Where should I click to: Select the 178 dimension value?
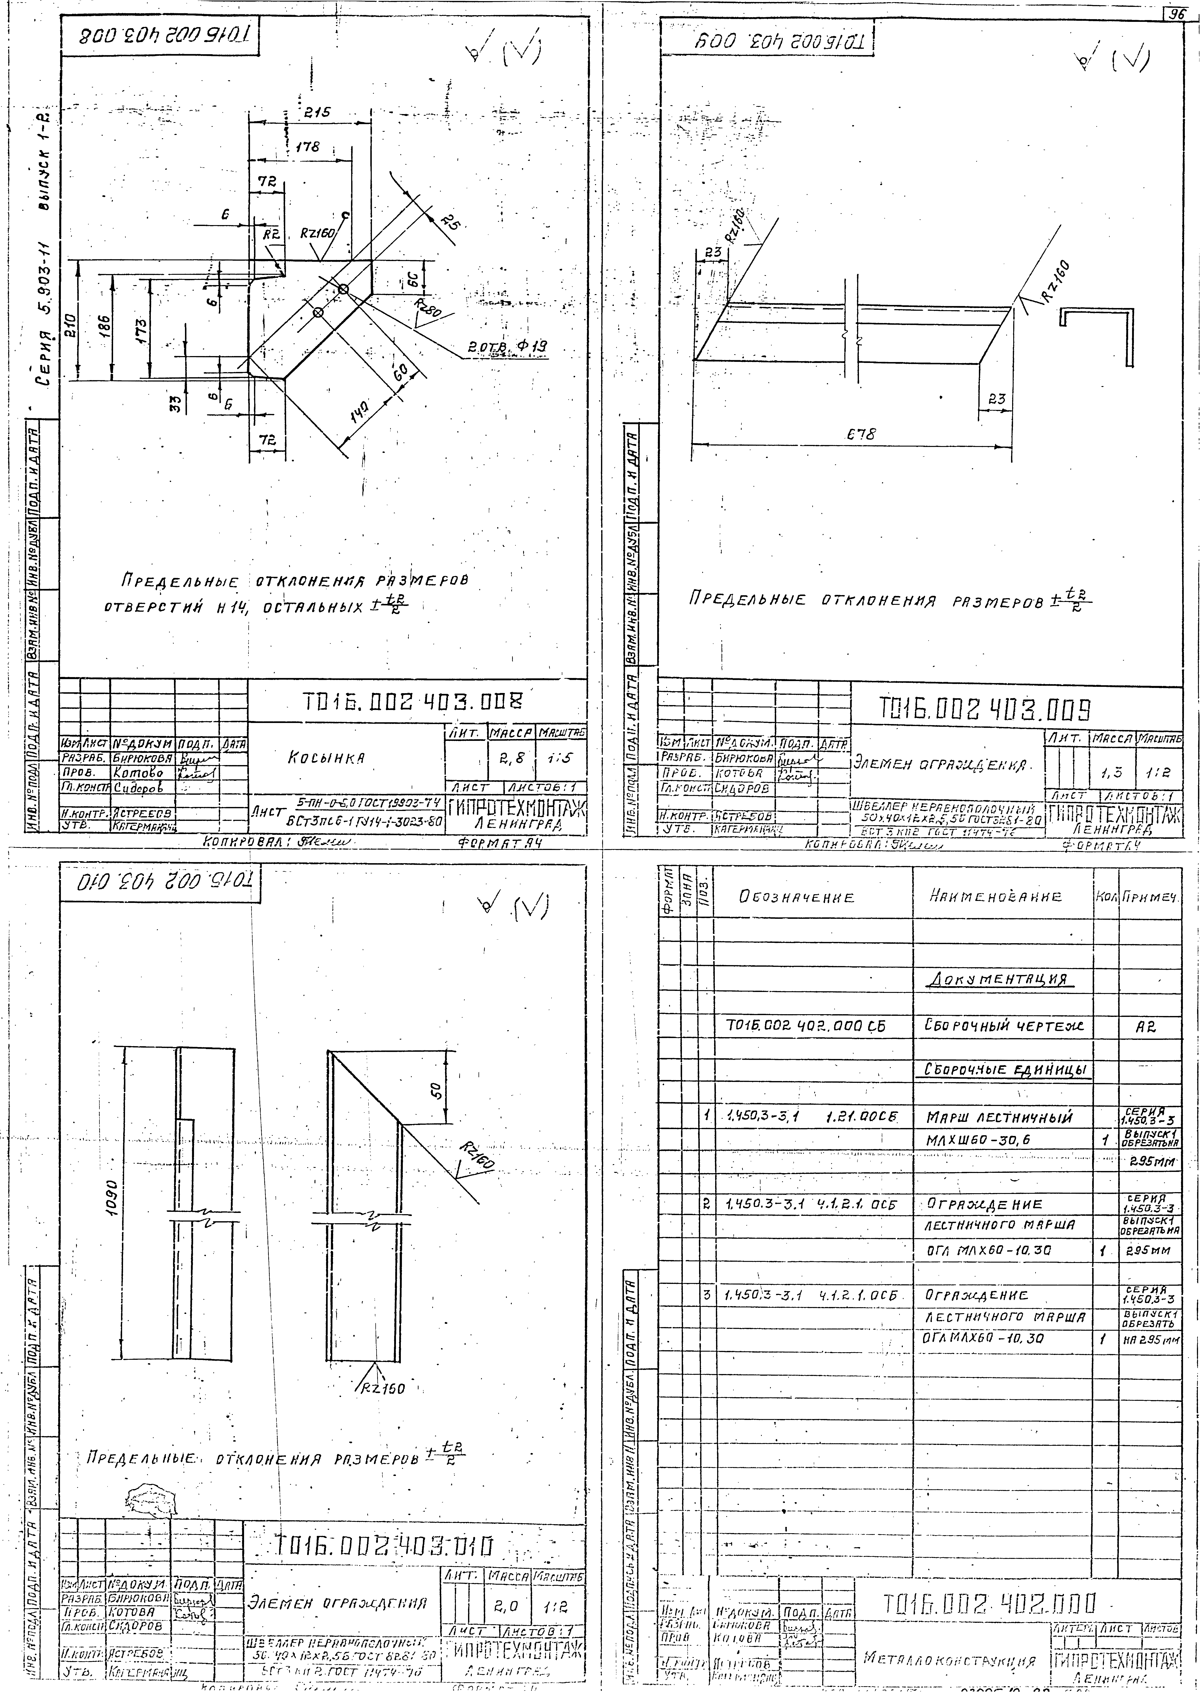click(307, 148)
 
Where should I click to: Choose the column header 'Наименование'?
click(995, 896)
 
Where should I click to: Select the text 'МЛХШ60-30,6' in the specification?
click(978, 1140)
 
